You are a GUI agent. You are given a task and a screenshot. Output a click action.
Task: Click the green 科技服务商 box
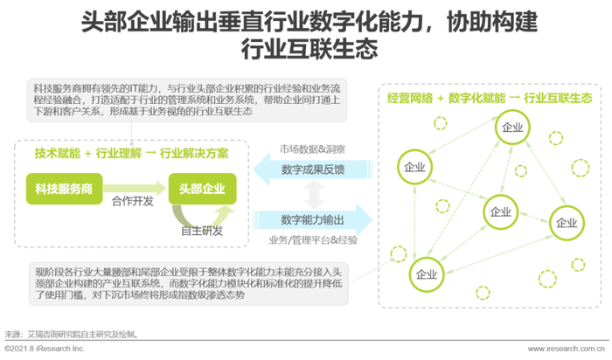pos(65,189)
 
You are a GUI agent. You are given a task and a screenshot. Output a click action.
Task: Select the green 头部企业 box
pos(202,189)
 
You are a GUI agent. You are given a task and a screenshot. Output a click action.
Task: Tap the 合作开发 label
pos(133,201)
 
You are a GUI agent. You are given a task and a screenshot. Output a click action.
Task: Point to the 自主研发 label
pos(202,231)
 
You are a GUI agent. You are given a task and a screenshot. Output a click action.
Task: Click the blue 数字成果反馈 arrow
pos(312,170)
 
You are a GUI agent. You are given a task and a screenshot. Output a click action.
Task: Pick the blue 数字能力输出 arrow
pos(312,220)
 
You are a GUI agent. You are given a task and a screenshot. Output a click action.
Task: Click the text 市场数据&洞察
pos(312,149)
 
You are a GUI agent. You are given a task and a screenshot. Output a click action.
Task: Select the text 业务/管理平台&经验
pos(313,240)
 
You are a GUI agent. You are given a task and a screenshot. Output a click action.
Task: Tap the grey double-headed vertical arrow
pos(314,195)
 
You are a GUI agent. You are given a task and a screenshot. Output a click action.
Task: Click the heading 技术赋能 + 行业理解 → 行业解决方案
pos(131,153)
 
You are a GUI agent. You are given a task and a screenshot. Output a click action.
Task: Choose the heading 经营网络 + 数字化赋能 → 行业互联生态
pos(490,98)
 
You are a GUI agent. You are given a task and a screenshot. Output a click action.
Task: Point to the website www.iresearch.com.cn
pos(566,349)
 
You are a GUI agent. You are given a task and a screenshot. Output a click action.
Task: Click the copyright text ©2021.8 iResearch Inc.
pos(45,349)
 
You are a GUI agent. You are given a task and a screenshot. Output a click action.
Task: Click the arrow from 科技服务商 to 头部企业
pos(135,189)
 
